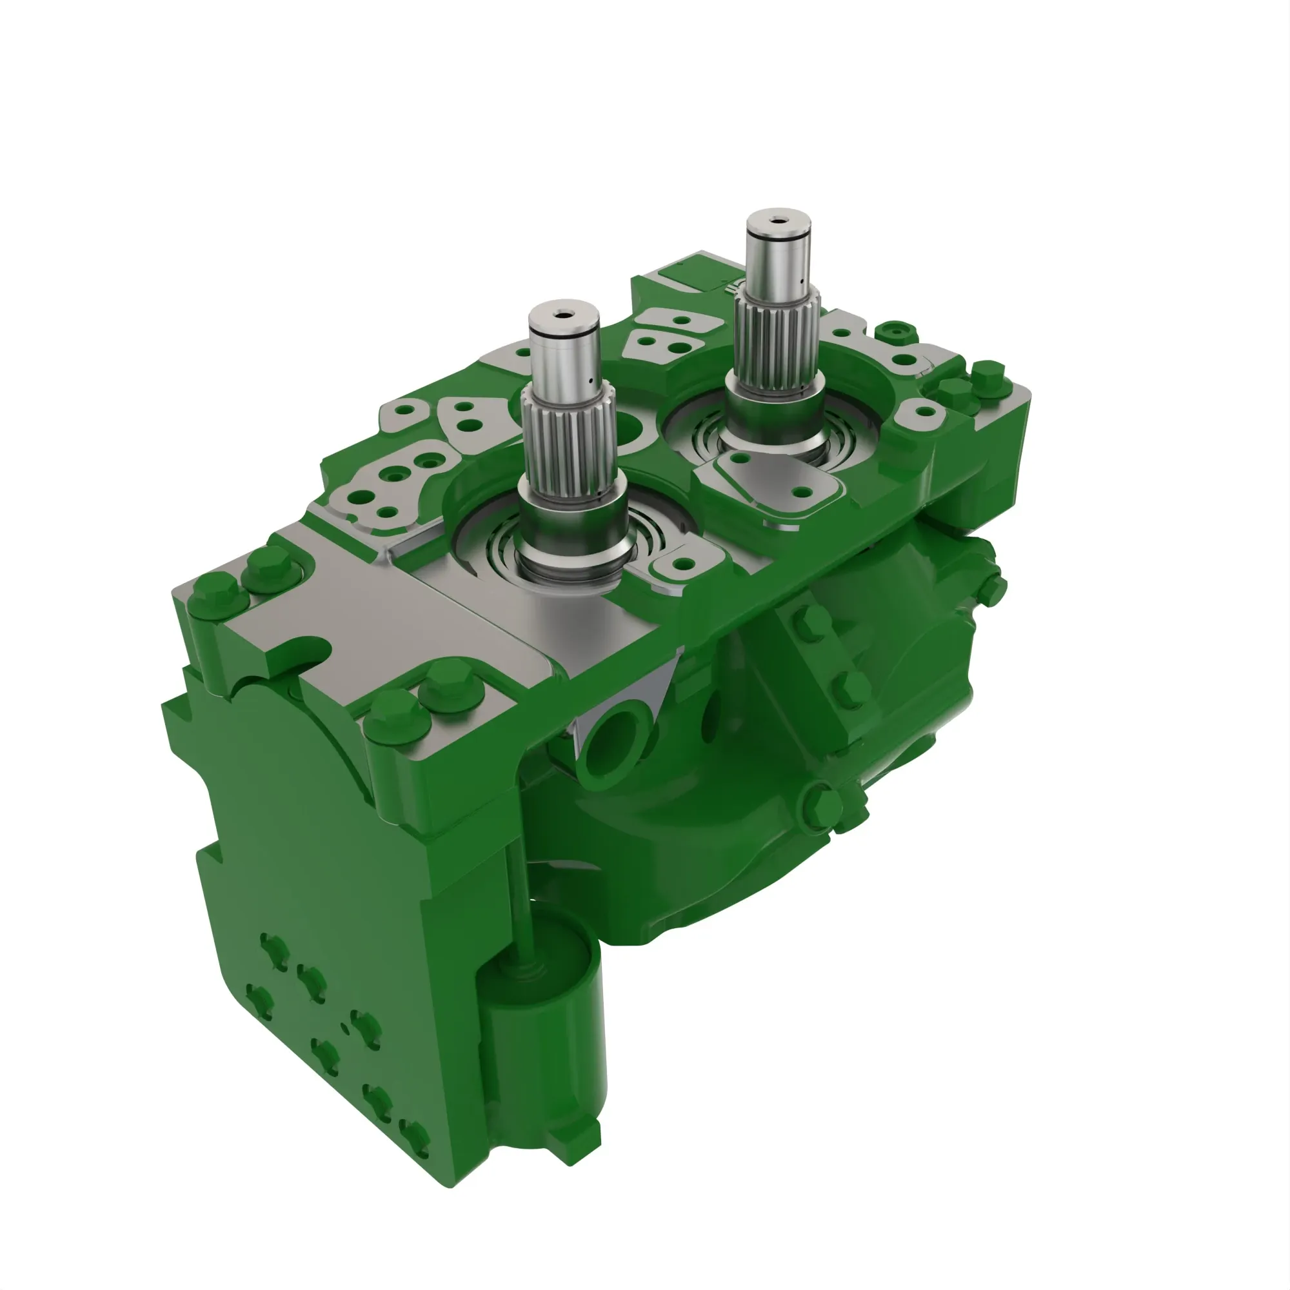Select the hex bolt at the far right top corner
(987, 374)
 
